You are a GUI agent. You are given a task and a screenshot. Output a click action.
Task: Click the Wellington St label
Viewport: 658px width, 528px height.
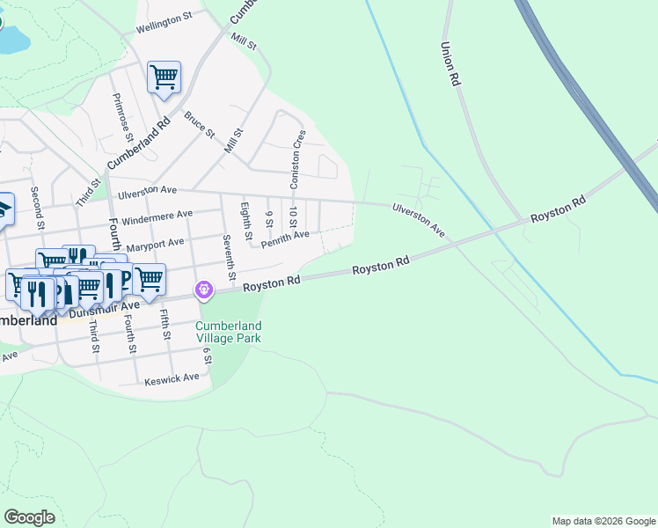164,24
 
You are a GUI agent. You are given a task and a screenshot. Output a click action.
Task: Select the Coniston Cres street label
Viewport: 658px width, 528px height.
298,159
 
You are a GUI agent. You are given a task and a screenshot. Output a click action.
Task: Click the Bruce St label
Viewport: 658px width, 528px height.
198,124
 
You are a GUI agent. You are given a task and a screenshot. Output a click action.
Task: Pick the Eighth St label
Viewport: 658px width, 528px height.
246,221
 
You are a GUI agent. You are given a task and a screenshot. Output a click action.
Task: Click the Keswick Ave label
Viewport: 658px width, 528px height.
172,378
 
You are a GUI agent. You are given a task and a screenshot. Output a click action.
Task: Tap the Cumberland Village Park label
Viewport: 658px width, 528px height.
228,332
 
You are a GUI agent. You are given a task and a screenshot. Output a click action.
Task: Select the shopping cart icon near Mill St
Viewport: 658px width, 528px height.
164,78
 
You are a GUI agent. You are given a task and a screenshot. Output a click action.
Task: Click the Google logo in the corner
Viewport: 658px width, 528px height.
29,517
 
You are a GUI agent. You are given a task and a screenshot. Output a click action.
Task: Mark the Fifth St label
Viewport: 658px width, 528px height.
164,324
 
